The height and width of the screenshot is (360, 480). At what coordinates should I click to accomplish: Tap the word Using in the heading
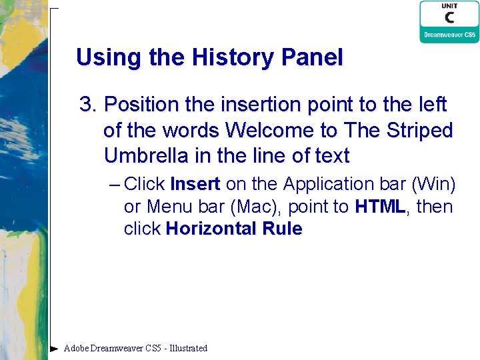tap(103, 58)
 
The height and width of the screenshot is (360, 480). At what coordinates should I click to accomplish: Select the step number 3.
tap(88, 105)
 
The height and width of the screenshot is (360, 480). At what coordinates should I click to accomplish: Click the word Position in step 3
tap(141, 105)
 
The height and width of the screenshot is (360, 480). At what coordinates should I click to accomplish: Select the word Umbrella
tap(141, 156)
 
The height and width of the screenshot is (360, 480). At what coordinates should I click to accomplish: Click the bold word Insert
tap(195, 183)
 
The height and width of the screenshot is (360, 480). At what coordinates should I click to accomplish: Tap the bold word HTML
tap(380, 207)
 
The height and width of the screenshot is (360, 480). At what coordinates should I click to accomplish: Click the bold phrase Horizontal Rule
tap(234, 229)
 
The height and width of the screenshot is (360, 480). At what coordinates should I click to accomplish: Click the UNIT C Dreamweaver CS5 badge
tap(449, 22)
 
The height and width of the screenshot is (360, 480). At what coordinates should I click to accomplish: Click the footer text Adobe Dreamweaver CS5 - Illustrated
tap(135, 348)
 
